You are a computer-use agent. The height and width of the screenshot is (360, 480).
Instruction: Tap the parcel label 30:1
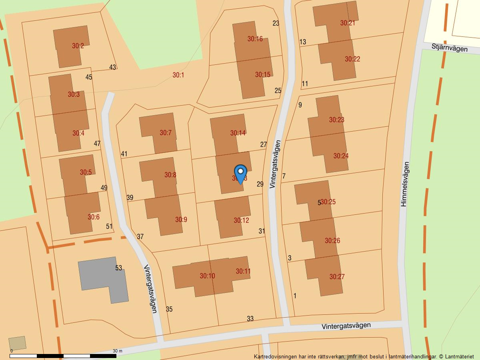[x=178, y=75]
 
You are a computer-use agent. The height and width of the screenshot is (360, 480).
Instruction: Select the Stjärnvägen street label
[x=450, y=48]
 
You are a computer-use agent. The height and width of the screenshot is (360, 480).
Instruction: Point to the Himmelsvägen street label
[x=405, y=184]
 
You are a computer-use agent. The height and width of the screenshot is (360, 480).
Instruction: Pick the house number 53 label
[x=118, y=268]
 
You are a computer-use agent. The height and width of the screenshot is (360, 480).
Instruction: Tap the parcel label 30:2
[x=78, y=46]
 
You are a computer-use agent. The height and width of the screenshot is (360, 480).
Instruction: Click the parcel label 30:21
[x=348, y=23]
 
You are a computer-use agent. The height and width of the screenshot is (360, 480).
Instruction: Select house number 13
[x=302, y=42]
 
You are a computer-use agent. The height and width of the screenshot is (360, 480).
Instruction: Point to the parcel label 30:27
[x=337, y=276]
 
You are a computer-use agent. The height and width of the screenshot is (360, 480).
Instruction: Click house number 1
[x=295, y=296]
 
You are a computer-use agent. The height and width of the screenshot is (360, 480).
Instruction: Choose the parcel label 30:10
[x=207, y=276]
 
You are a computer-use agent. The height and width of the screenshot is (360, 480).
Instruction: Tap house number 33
[x=250, y=319]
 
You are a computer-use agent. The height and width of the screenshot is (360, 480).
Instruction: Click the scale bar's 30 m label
[x=118, y=351]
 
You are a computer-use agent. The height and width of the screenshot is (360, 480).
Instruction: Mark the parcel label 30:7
[x=165, y=133]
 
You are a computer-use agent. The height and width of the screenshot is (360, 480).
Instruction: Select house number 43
[x=112, y=67]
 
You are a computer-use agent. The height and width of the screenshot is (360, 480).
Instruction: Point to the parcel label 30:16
[x=255, y=39]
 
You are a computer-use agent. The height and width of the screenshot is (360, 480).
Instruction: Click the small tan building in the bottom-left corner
[x=17, y=343]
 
